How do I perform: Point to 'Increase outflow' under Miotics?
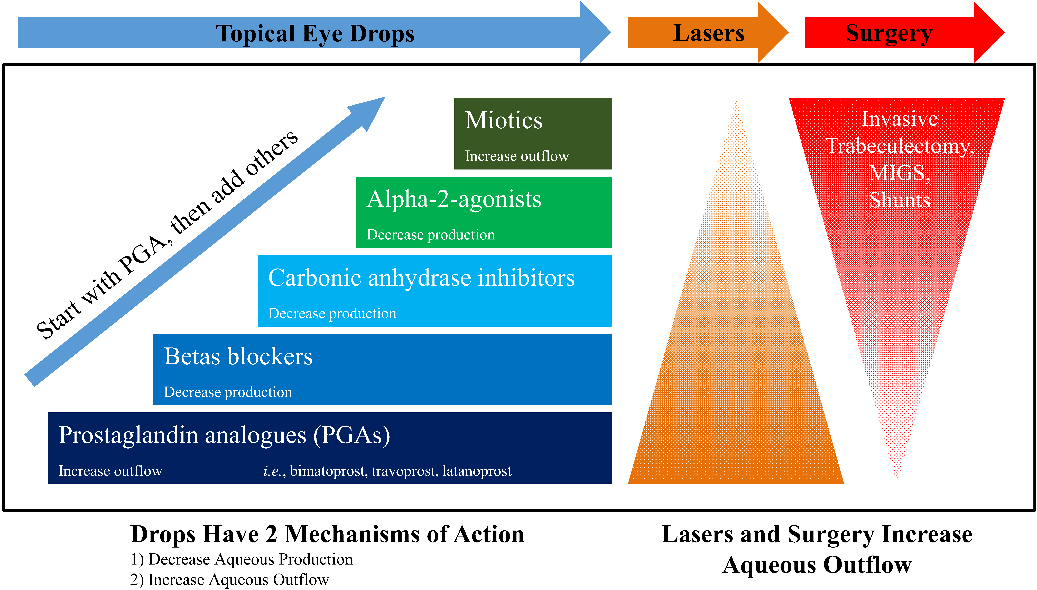517,156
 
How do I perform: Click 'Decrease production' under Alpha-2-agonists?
430,235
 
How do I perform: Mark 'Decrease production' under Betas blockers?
228,392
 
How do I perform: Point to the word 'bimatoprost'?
327,471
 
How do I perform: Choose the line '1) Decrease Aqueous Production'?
241,559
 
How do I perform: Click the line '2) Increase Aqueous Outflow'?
229,579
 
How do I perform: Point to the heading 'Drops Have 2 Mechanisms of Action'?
327,534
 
